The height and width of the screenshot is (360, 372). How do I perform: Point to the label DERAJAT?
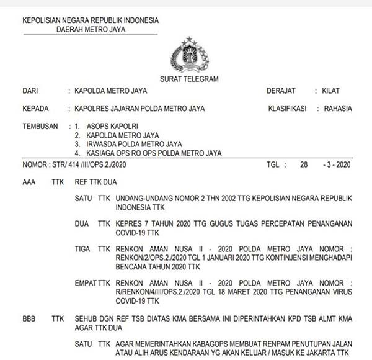(281, 91)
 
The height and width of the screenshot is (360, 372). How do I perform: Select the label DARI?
(30, 91)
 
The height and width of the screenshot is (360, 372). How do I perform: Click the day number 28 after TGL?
(303, 164)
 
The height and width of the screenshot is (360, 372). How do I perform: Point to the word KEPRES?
(128, 221)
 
